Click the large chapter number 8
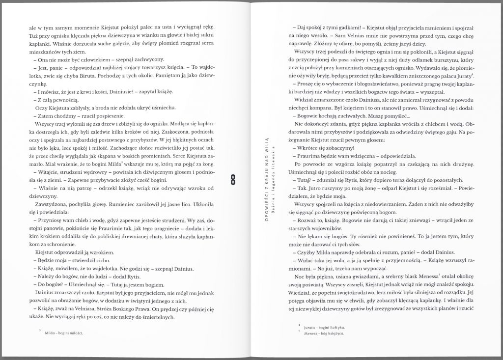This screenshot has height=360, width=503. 235,179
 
